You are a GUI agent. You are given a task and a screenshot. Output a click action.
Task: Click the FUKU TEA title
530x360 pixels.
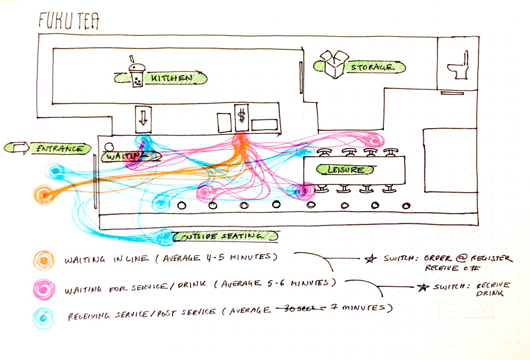pyautogui.click(x=69, y=21)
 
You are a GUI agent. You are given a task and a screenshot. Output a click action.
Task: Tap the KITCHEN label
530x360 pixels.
pyautogui.click(x=171, y=78)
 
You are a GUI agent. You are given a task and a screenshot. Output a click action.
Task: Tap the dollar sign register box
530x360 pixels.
pyautogui.click(x=242, y=117)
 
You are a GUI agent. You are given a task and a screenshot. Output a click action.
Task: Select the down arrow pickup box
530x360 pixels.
pyautogui.click(x=143, y=119)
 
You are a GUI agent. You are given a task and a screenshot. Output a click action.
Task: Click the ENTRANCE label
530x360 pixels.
pyautogui.click(x=60, y=149)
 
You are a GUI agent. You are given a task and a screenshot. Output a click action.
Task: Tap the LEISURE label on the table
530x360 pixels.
pyautogui.click(x=345, y=170)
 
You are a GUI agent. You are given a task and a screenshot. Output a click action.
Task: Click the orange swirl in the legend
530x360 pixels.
pyautogui.click(x=44, y=260)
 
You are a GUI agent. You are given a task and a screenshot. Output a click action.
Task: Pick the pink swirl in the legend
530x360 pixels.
pyautogui.click(x=44, y=289)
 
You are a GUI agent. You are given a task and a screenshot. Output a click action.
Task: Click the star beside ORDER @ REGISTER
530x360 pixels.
pyautogui.click(x=371, y=259)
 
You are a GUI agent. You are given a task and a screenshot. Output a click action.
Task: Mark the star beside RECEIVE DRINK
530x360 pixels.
pyautogui.click(x=423, y=287)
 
